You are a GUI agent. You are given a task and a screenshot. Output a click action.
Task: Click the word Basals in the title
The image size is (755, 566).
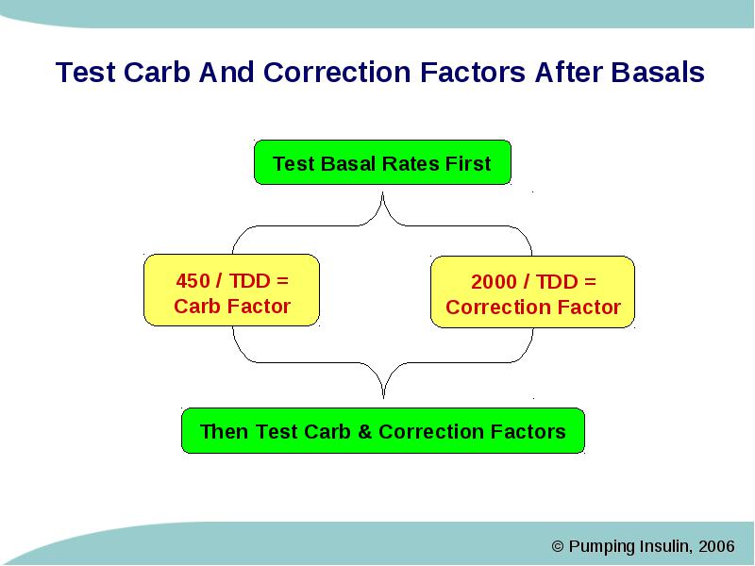658,73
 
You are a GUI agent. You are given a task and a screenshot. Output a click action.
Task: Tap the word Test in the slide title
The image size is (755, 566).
86,73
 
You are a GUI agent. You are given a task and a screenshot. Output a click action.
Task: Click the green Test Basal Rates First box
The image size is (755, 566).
382,162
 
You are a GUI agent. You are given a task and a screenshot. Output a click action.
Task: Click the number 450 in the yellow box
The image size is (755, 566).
193,281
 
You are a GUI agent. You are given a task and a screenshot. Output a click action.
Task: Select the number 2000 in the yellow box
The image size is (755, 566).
494,282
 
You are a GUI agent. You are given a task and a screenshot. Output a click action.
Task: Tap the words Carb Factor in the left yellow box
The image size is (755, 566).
232,307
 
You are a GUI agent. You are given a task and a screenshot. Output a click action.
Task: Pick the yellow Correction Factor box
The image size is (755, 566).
532,292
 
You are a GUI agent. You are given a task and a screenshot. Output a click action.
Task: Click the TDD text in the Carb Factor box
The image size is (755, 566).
249,281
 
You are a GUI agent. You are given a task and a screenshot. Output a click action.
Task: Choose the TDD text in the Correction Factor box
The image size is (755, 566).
557,282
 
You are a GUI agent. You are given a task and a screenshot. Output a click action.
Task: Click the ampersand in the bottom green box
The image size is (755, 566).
364,432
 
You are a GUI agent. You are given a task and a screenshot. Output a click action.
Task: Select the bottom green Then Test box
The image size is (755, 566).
383,431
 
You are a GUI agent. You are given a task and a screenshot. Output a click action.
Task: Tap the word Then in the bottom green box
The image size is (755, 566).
225,432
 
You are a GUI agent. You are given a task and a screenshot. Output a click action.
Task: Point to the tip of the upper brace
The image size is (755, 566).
383,193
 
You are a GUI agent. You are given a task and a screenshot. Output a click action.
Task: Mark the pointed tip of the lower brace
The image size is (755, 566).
383,397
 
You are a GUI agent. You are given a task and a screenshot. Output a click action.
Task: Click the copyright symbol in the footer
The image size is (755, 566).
558,546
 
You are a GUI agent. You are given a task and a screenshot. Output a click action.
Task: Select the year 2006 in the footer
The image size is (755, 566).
716,546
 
